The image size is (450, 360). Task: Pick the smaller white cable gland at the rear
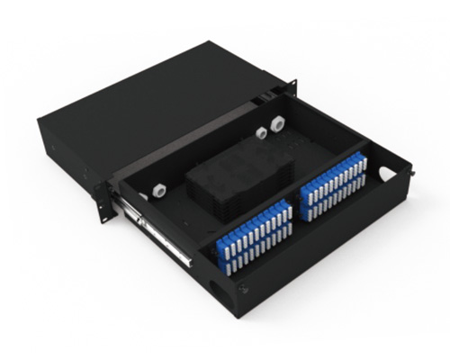(261, 132)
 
